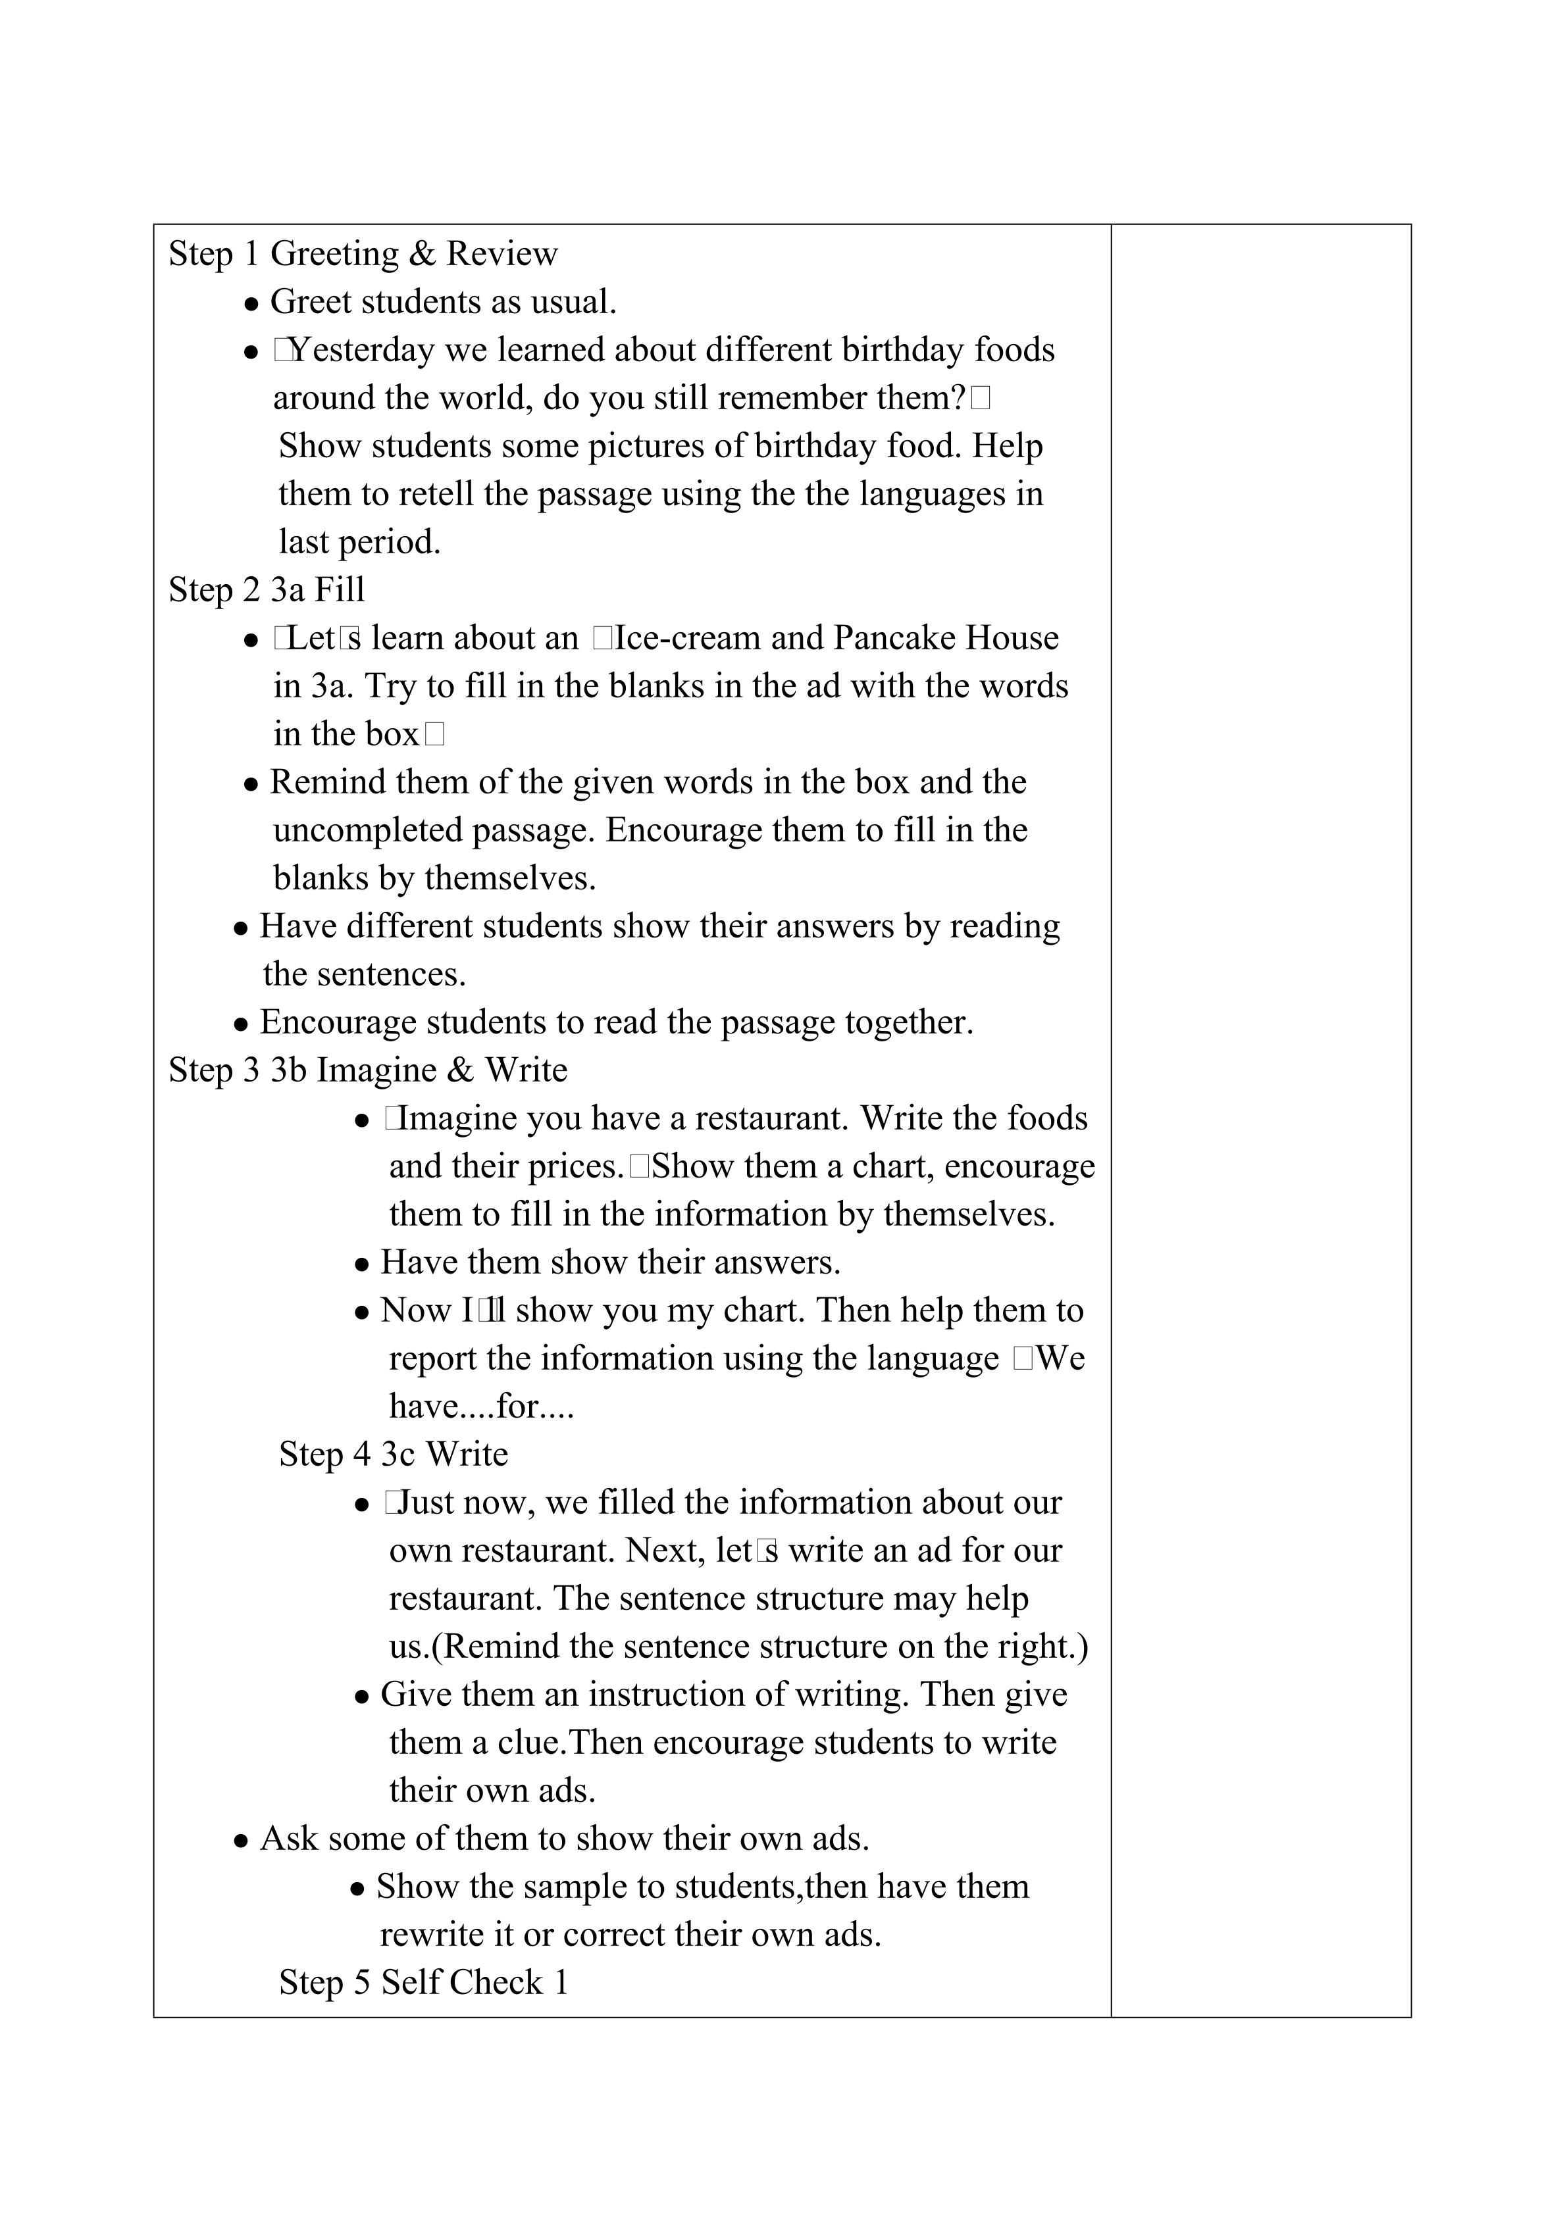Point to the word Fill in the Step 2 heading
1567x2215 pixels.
tap(340, 590)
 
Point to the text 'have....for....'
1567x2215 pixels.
tap(482, 1408)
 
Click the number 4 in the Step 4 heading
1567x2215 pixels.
tap(362, 1455)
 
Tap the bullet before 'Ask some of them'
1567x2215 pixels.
tap(242, 1841)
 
